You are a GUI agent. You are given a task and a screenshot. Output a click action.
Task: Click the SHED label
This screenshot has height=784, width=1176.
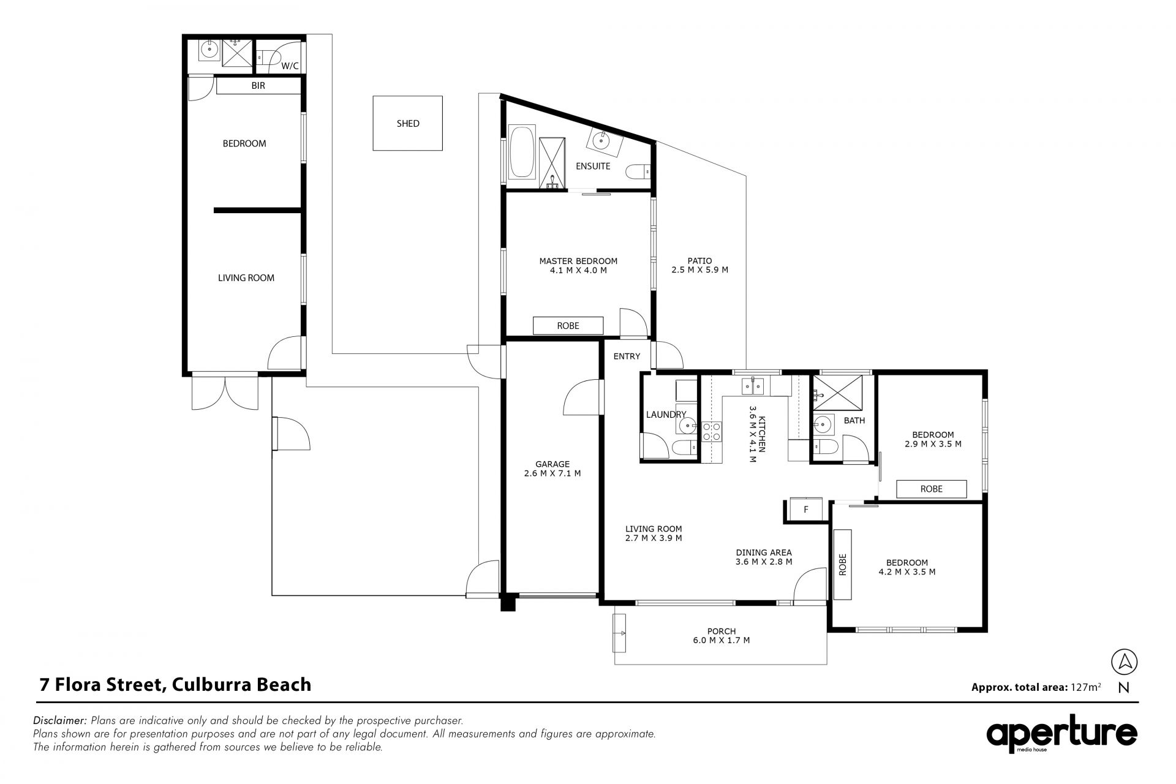pyautogui.click(x=408, y=124)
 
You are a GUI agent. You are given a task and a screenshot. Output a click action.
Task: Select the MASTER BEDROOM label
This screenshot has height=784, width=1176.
pyautogui.click(x=578, y=261)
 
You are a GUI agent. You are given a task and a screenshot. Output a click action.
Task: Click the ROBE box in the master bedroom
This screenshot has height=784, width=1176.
pyautogui.click(x=568, y=326)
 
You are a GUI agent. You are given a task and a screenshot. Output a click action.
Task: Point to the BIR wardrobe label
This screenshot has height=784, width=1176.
pyautogui.click(x=258, y=86)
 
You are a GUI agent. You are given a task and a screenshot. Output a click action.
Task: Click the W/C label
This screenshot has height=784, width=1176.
pyautogui.click(x=290, y=66)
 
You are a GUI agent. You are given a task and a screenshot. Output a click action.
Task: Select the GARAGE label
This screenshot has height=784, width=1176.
pyautogui.click(x=552, y=464)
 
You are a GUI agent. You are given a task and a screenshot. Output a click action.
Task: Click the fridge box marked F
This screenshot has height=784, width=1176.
pyautogui.click(x=806, y=509)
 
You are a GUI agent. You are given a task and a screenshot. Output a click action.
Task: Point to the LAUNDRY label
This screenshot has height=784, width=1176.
pyautogui.click(x=666, y=415)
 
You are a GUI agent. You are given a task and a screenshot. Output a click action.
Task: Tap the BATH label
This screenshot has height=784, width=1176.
pyautogui.click(x=854, y=421)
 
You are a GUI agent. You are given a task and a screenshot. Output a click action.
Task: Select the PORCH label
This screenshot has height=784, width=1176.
pyautogui.click(x=722, y=631)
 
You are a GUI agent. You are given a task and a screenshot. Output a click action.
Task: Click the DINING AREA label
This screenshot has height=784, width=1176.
pyautogui.click(x=764, y=552)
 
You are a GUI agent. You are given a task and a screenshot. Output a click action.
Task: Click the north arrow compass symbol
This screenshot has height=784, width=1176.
pyautogui.click(x=1124, y=662)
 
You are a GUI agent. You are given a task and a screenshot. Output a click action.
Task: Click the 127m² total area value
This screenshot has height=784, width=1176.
pyautogui.click(x=1085, y=687)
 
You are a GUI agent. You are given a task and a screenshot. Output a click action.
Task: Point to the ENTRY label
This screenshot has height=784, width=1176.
pyautogui.click(x=627, y=356)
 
